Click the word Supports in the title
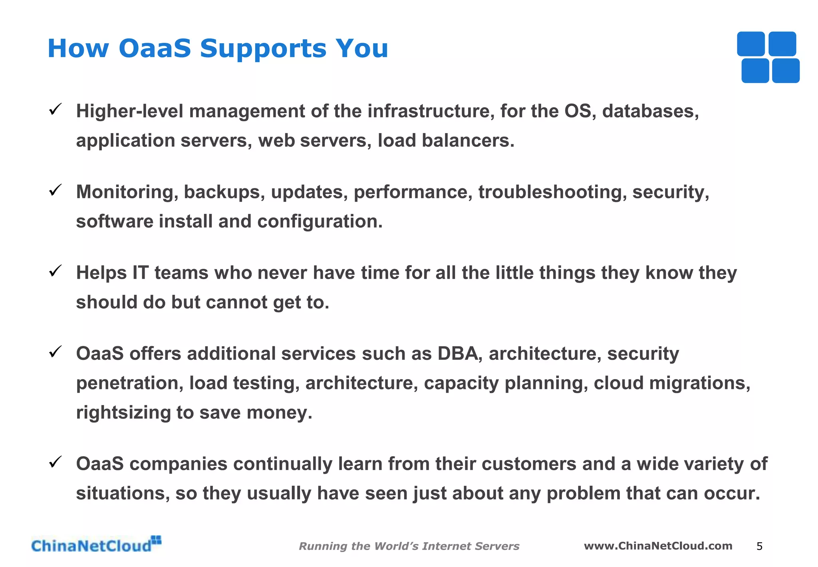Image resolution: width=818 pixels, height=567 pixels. point(263,49)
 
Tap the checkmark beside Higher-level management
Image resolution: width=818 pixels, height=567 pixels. point(55,109)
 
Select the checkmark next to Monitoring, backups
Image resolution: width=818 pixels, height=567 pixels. point(55,190)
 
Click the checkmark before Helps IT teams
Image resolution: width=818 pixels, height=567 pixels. point(55,271)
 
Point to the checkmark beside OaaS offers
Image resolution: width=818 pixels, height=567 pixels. point(55,352)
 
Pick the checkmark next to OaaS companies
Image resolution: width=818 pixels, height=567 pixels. point(55,462)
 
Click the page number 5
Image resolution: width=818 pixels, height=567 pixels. point(759,546)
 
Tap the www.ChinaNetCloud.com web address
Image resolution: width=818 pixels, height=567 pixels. point(658,546)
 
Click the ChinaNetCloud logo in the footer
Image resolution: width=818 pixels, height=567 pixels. point(96,545)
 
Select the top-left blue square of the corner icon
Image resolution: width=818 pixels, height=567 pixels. point(750,44)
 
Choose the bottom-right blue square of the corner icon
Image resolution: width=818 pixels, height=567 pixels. point(786,71)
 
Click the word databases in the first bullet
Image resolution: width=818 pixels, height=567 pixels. point(650,111)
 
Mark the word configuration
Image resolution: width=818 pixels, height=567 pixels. point(320,222)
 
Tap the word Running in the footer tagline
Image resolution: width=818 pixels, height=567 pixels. point(323,546)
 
